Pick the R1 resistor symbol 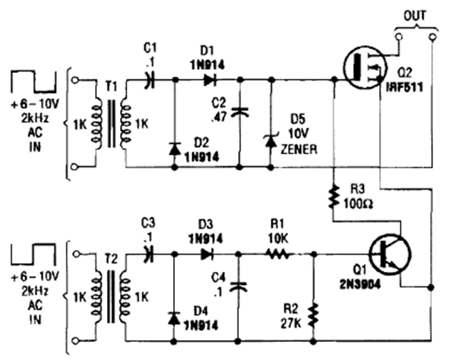pyautogui.click(x=277, y=254)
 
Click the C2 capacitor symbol pyautogui.click(x=240, y=110)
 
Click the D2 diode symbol pyautogui.click(x=174, y=147)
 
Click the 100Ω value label pyautogui.click(x=358, y=205)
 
